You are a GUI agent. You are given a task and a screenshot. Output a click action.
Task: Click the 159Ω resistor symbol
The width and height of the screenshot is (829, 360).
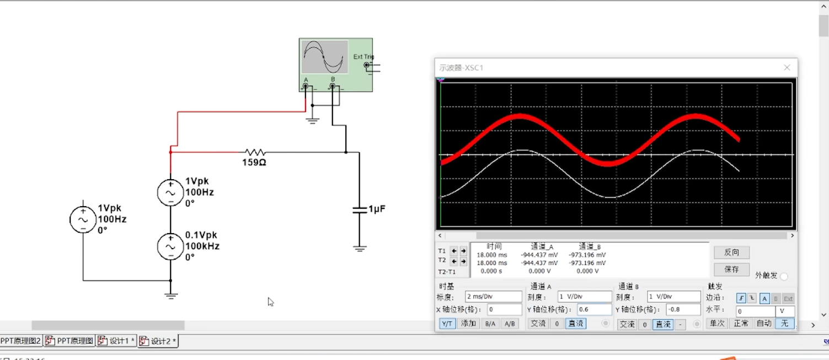click(255, 152)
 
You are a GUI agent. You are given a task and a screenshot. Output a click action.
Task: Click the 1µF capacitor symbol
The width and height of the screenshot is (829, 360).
click(360, 209)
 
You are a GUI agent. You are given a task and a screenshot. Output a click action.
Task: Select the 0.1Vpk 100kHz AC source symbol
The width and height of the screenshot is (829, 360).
click(170, 246)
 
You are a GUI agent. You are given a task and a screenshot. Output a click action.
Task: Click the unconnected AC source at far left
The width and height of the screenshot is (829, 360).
click(83, 219)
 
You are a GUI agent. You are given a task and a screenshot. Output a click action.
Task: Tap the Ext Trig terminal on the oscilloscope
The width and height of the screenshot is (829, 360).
click(367, 65)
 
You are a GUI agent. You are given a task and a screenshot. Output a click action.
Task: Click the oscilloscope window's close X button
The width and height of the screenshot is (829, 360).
click(787, 68)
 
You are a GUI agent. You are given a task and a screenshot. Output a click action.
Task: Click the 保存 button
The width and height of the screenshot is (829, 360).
click(731, 270)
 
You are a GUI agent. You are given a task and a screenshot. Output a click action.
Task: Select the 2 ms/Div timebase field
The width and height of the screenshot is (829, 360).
click(493, 297)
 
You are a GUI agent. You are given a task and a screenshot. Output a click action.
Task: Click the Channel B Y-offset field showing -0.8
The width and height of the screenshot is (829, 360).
click(683, 310)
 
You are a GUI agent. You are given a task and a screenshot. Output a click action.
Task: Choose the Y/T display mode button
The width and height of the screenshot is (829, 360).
click(447, 324)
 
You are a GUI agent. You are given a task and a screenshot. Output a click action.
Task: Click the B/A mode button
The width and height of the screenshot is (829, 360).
click(490, 324)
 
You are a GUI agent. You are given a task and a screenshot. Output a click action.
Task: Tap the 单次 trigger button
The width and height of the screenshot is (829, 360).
click(716, 324)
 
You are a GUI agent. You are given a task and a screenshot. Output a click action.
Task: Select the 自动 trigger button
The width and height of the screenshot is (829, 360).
click(764, 324)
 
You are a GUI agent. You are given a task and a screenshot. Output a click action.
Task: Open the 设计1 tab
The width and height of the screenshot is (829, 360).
click(116, 341)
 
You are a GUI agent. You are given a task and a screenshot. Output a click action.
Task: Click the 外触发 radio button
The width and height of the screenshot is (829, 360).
click(784, 276)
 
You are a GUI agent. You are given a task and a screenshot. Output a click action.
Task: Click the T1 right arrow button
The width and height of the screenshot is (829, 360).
click(463, 251)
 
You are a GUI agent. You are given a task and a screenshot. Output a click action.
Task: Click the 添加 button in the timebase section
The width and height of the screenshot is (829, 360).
click(468, 324)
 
